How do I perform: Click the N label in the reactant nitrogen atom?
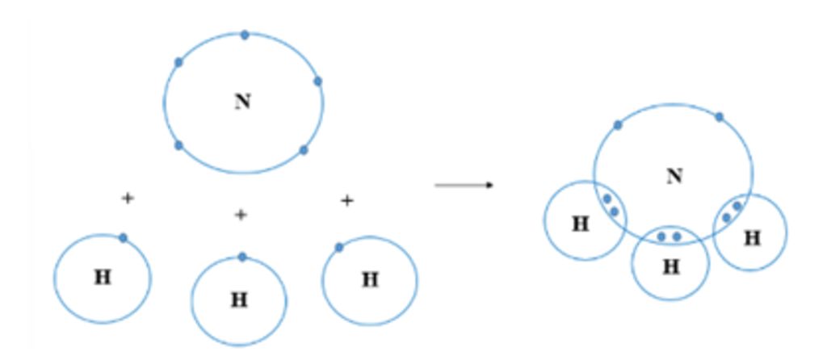(242, 102)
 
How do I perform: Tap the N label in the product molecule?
(674, 176)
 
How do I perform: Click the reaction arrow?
(464, 186)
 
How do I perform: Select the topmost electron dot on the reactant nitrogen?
(245, 35)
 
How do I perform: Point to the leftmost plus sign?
(127, 198)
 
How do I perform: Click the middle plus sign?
(240, 215)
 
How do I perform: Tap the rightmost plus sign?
(346, 200)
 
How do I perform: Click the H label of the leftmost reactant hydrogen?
(103, 278)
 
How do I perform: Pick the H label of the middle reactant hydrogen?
(239, 300)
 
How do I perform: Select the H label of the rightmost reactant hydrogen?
(370, 280)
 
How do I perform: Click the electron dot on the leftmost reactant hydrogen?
(123, 237)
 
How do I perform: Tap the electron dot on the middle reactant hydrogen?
(242, 257)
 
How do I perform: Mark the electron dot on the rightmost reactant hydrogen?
(339, 247)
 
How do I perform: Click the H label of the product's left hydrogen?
(580, 224)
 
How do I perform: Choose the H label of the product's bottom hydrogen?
(671, 267)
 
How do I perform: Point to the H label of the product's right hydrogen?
(752, 238)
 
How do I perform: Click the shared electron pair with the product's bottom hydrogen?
(669, 237)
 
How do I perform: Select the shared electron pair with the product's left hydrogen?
(611, 205)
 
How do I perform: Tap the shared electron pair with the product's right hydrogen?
(732, 211)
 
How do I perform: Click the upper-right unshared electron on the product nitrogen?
(719, 117)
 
